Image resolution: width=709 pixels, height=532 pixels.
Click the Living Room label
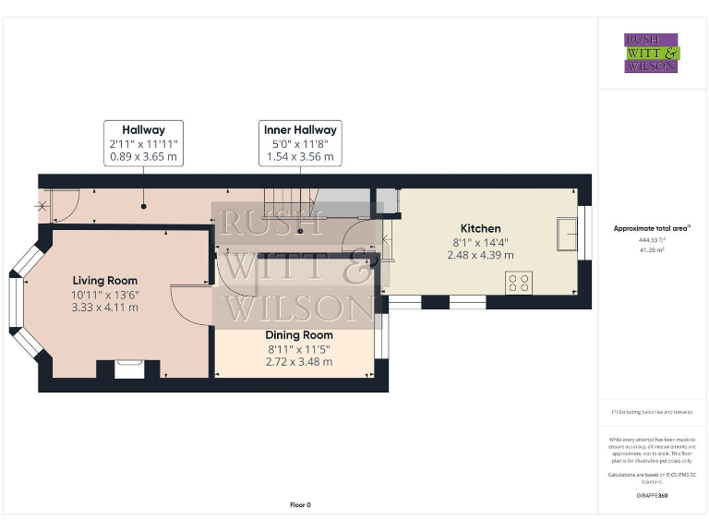(105, 281)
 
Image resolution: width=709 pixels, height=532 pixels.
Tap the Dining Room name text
(298, 335)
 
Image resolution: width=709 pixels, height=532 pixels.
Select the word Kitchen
(480, 228)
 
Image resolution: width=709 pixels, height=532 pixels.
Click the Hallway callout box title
(143, 130)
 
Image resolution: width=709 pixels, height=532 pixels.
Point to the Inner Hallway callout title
(300, 130)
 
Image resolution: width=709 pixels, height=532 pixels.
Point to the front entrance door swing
(57, 205)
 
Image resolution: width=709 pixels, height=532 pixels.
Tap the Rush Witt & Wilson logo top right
(651, 53)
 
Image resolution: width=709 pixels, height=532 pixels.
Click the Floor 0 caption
(300, 505)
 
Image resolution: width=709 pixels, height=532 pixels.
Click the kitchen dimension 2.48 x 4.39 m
(480, 255)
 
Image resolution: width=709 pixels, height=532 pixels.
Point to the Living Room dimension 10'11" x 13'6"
(105, 294)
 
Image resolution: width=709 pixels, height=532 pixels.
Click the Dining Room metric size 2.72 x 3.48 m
(298, 361)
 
